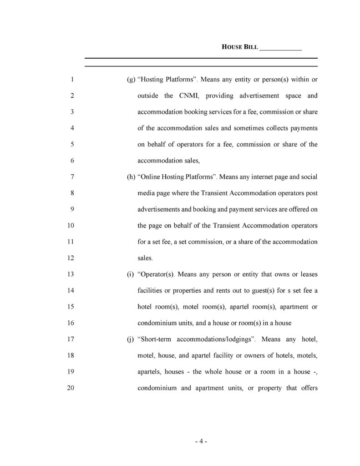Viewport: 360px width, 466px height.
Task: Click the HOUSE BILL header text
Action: (x=239, y=47)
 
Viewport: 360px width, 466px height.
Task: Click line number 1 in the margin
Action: (x=72, y=80)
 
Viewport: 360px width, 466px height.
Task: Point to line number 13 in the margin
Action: (x=71, y=274)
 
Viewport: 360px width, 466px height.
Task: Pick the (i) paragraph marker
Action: (x=130, y=274)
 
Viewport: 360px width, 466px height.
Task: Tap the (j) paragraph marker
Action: (x=131, y=339)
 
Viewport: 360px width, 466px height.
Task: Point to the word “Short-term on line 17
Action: (x=154, y=339)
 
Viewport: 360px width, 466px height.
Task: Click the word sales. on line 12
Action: (x=145, y=258)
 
